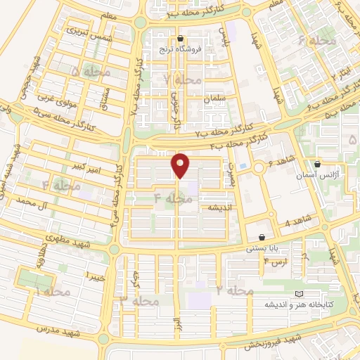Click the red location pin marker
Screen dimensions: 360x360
click(181, 165)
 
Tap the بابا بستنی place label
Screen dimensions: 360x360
click(262, 249)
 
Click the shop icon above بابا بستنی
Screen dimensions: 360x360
click(262, 238)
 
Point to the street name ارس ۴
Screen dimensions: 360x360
click(276, 263)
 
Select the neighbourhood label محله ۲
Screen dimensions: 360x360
click(235, 290)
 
